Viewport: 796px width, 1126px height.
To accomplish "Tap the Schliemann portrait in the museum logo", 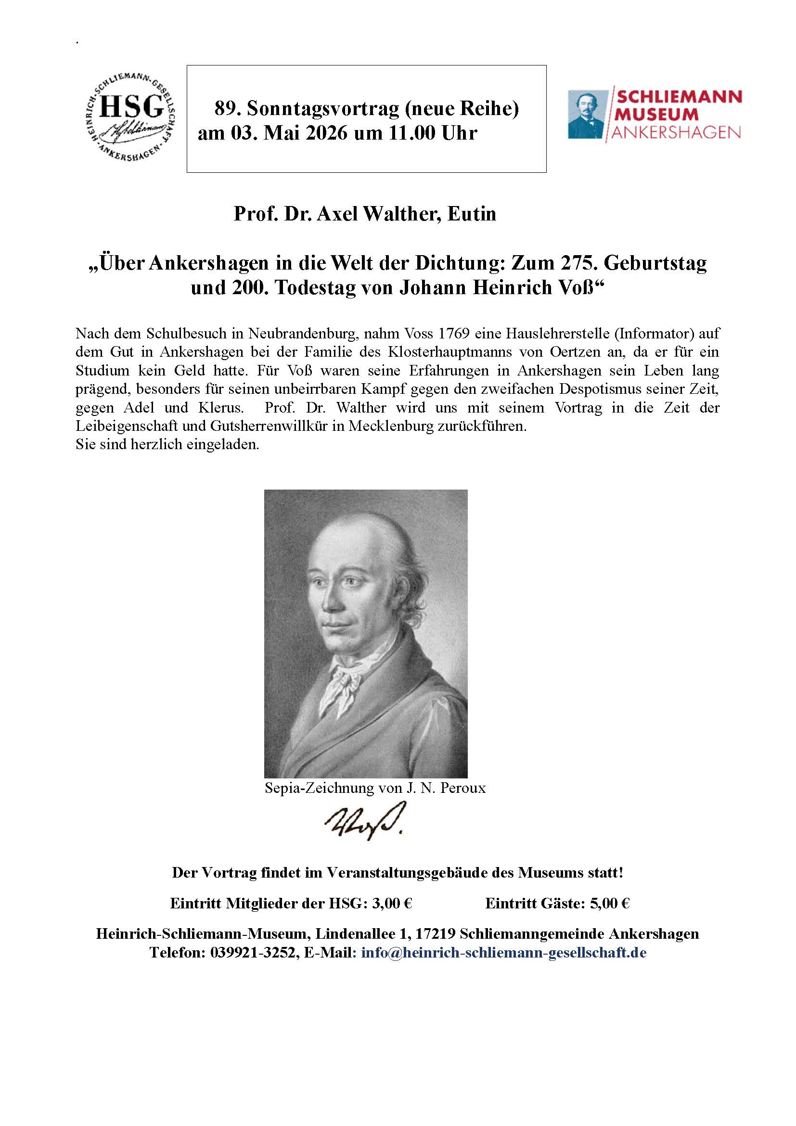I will point(587,114).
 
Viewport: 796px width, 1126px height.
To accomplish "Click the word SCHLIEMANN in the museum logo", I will point(679,96).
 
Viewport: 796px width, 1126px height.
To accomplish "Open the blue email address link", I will point(503,953).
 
